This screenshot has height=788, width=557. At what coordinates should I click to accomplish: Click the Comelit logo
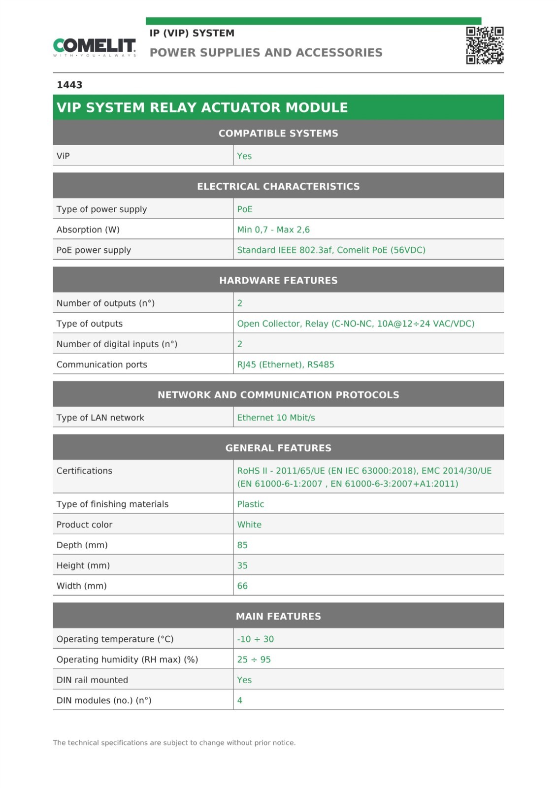click(x=94, y=47)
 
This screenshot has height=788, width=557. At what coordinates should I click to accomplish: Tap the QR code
click(x=485, y=45)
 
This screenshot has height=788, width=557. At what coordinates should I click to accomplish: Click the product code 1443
click(x=69, y=85)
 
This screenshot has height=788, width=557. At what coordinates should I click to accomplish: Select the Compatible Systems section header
click(x=278, y=133)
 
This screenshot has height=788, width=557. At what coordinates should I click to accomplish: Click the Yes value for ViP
click(x=244, y=156)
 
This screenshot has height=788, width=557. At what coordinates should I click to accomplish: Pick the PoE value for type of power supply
click(x=245, y=209)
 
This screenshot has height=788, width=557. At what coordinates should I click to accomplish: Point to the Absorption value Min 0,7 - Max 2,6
click(x=273, y=230)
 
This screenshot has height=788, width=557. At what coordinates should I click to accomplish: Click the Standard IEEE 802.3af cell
click(x=331, y=250)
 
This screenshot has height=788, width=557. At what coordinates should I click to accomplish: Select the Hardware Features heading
click(x=278, y=280)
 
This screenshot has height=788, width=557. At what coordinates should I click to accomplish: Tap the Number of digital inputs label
click(x=117, y=344)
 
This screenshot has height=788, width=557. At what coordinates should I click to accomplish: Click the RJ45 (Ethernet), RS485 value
click(x=286, y=364)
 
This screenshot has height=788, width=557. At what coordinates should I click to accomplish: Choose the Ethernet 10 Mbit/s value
click(x=276, y=418)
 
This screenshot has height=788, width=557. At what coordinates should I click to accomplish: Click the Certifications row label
click(x=84, y=471)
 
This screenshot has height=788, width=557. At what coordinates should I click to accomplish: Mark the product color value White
click(x=249, y=525)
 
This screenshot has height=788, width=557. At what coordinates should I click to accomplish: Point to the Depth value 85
click(x=242, y=545)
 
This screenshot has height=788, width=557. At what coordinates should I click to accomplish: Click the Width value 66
click(x=242, y=586)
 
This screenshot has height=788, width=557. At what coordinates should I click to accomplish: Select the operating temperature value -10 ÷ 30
click(x=255, y=639)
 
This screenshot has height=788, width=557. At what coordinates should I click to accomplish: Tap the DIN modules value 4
click(x=240, y=700)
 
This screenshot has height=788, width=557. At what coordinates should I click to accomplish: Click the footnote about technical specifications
click(x=174, y=743)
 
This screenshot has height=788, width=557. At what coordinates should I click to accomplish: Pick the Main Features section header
click(x=278, y=616)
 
